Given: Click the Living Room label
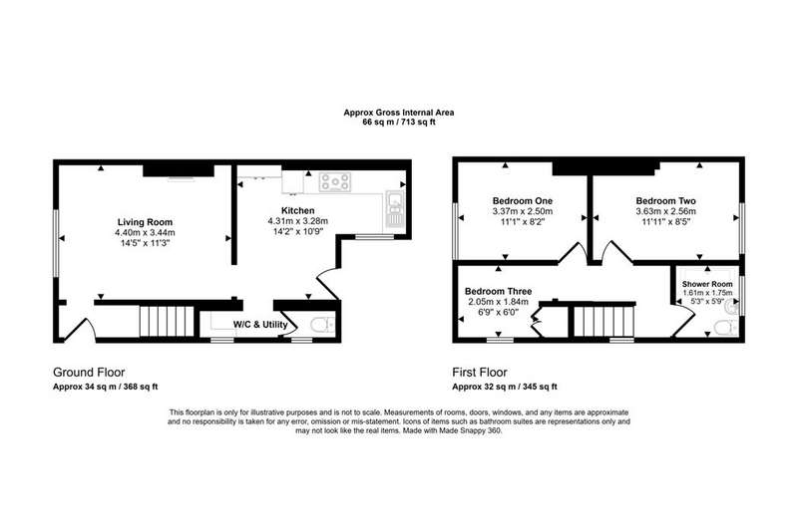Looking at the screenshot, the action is point(145,222).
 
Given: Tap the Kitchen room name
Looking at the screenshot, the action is point(297,210).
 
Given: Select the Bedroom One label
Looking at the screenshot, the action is point(522,200).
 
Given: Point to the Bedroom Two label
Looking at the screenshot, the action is point(665,200).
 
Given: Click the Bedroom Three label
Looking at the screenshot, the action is point(498,291).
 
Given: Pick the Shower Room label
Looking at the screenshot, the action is point(707,284).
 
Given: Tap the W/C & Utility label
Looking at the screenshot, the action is point(260,324).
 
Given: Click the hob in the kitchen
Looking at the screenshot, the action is point(335,182).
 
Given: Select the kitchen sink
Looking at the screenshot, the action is point(394,208).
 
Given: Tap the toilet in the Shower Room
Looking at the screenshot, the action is point(725,327).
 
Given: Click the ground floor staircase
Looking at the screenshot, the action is point(168,321).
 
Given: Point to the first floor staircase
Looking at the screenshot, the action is point(603,321).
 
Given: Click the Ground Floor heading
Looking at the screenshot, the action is point(89,372).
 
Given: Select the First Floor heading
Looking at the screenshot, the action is point(480,372).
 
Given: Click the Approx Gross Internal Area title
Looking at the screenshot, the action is point(399,113).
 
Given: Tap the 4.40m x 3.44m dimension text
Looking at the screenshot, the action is point(145,233).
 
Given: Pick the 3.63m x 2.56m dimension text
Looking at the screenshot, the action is point(665,211).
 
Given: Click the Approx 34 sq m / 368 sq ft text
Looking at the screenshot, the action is point(106,387).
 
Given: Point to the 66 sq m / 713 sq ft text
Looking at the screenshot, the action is point(399,122).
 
